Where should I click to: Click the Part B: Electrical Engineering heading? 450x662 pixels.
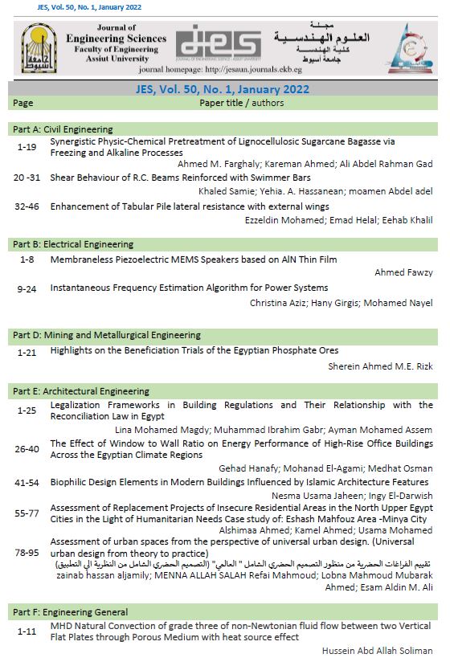[72, 243]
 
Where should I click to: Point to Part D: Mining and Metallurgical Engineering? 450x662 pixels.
[106, 335]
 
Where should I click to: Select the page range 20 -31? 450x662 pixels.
[27, 178]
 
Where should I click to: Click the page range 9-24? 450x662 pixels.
[27, 288]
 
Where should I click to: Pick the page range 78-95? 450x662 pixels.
[27, 554]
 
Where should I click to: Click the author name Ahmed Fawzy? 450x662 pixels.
[403, 273]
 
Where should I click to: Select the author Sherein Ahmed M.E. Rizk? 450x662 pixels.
[380, 365]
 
